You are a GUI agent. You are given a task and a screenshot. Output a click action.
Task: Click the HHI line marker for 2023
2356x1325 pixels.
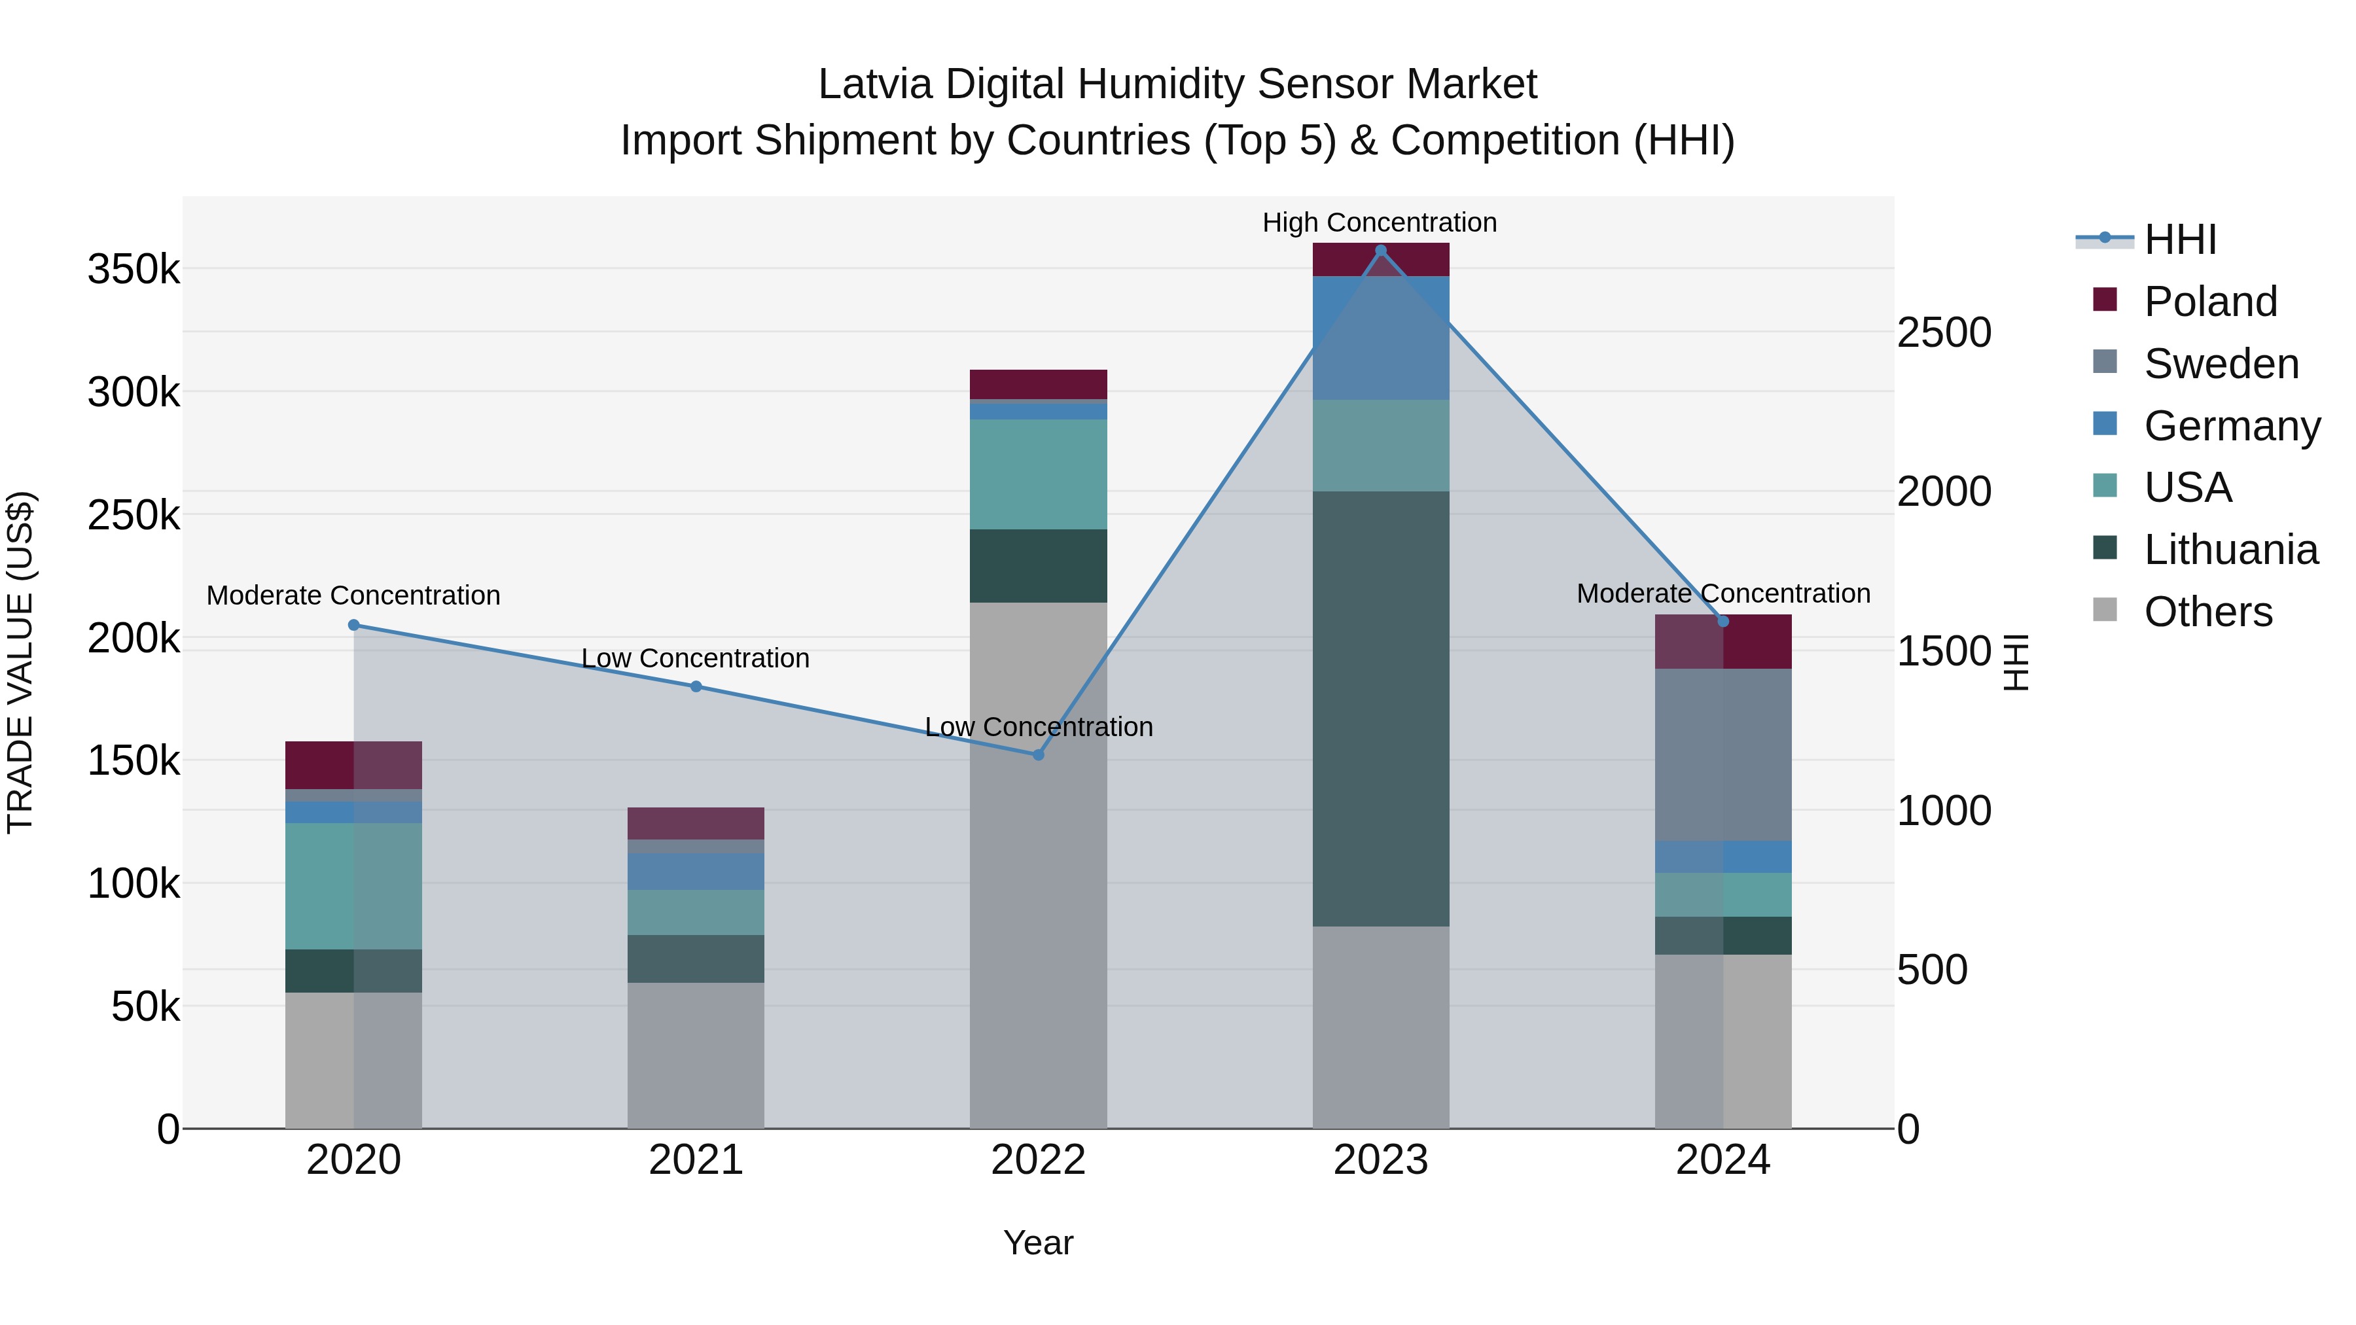1380,251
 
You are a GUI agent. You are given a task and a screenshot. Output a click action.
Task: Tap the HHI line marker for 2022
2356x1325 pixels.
1038,755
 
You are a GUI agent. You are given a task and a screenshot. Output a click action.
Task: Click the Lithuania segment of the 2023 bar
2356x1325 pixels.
1380,709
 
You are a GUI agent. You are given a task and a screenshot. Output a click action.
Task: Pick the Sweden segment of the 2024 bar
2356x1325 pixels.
1722,754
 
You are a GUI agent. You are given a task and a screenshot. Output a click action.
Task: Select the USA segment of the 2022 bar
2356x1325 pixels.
1038,474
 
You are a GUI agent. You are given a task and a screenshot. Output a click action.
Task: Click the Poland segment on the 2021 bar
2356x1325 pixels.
696,823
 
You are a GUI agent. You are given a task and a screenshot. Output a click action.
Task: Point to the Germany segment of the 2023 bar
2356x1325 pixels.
1380,338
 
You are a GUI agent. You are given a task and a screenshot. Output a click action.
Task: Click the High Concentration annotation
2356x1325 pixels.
1379,222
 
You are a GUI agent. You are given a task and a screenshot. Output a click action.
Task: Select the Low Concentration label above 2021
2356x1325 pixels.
695,658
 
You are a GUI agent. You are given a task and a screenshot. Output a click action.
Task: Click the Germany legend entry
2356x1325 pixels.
2231,426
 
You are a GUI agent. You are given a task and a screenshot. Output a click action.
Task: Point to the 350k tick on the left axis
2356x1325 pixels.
134,270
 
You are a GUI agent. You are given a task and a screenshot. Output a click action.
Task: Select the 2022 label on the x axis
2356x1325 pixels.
1038,1160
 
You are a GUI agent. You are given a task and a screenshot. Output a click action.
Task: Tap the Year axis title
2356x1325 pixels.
1038,1243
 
